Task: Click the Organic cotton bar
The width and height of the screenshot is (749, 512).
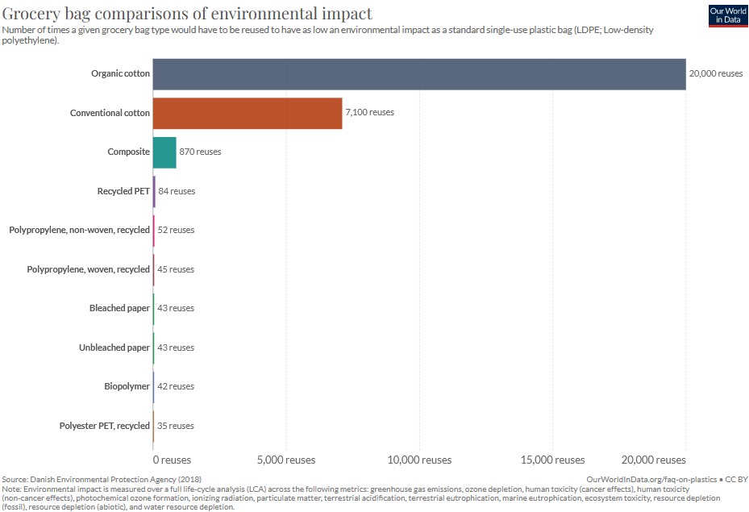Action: coord(419,73)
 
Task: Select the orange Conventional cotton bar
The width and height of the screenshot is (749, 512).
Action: coord(248,113)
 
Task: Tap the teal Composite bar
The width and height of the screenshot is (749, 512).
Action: coord(164,152)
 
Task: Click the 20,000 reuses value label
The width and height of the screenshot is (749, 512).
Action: coord(715,73)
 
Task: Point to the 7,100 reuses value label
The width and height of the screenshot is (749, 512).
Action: coord(369,113)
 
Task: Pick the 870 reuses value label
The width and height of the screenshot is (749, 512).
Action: coord(200,152)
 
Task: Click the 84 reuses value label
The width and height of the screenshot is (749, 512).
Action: coord(177,191)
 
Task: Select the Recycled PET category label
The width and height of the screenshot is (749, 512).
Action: coord(123,191)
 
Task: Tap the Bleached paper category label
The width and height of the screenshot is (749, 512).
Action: coord(119,308)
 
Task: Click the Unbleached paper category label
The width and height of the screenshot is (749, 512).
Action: coord(114,348)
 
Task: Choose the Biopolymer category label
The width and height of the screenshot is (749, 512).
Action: coord(127,386)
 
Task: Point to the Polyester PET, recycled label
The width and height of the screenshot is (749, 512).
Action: coord(105,426)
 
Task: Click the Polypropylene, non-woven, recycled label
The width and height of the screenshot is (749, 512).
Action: coord(80,230)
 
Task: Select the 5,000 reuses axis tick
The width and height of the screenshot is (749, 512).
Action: coord(286,460)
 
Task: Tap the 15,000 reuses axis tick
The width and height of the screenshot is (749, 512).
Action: coord(552,460)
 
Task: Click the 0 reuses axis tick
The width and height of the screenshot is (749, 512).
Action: coord(171,460)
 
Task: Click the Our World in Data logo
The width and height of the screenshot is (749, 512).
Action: coord(728,15)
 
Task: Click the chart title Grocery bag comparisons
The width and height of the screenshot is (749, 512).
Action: coord(188,13)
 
